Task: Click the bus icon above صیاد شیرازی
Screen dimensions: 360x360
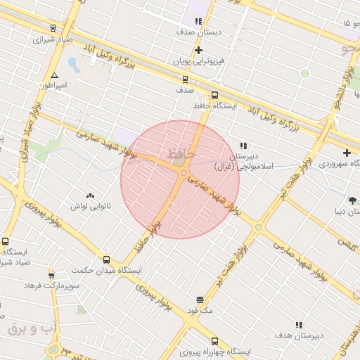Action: (53, 28)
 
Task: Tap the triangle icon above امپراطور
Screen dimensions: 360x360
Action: (54, 75)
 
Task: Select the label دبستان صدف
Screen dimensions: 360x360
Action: (198, 32)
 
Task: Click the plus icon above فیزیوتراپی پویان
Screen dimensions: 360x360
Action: (198, 50)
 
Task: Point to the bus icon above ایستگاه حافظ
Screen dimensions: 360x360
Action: (214, 95)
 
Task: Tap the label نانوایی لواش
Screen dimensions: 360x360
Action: (88, 206)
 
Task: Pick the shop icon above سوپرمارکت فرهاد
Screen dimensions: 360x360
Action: (51, 275)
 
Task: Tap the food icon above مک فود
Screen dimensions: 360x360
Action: (200, 300)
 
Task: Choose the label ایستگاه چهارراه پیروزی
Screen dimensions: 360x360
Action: (217, 350)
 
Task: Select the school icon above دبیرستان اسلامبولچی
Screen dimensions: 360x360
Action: (244, 146)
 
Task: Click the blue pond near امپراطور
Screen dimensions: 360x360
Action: (73, 65)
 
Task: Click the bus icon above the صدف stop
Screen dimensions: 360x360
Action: (185, 79)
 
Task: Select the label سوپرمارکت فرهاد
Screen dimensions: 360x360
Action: (51, 285)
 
